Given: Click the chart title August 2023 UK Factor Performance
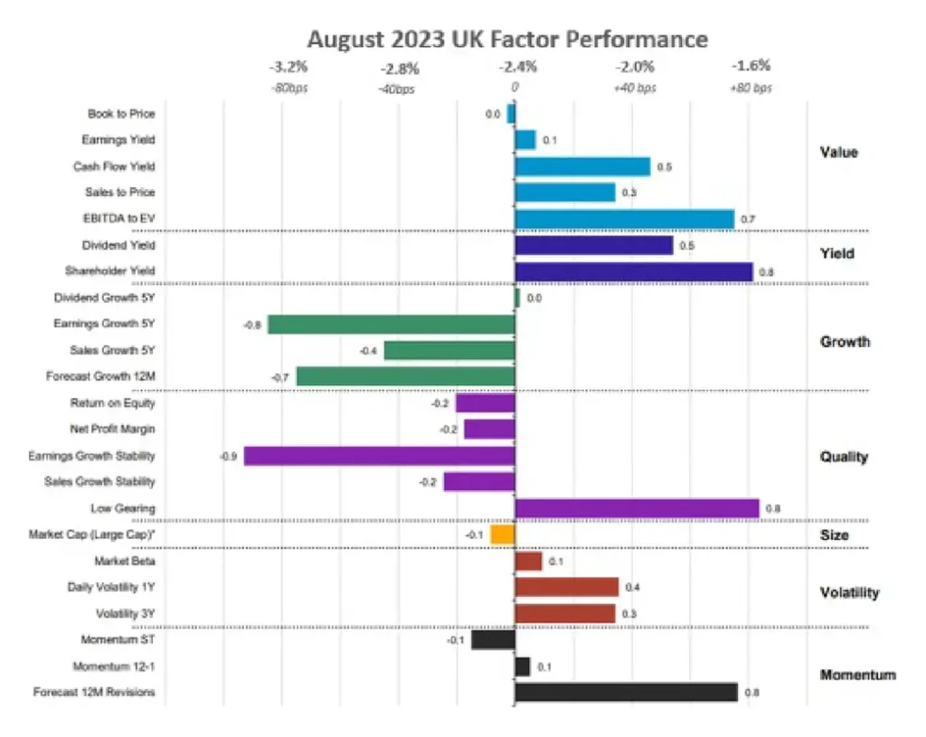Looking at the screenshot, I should pyautogui.click(x=506, y=40).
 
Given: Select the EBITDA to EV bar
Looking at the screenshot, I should pyautogui.click(x=624, y=219).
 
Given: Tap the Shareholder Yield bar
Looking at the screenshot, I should pyautogui.click(x=633, y=270).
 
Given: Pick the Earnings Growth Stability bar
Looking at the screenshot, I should pyautogui.click(x=379, y=456).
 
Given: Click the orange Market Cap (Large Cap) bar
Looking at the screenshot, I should pyautogui.click(x=502, y=534).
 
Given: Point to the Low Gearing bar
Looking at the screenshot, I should pyautogui.click(x=637, y=508).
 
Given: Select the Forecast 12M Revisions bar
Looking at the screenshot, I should pyautogui.click(x=626, y=693).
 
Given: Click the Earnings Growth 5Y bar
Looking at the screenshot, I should pyautogui.click(x=391, y=324).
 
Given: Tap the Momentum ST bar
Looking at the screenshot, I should pyautogui.click(x=493, y=640).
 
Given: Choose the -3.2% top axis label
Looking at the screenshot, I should pyautogui.click(x=288, y=67).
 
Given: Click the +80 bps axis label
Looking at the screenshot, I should pyautogui.click(x=751, y=88).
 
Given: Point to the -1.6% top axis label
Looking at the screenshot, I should pyautogui.click(x=751, y=66).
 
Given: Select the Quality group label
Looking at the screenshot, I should pyautogui.click(x=843, y=457).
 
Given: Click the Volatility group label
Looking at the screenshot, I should pyautogui.click(x=848, y=592).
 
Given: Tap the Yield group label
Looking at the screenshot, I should pyautogui.click(x=836, y=253).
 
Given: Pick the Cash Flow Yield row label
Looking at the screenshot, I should pyautogui.click(x=114, y=166).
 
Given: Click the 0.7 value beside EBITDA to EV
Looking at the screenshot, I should pyautogui.click(x=748, y=220).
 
